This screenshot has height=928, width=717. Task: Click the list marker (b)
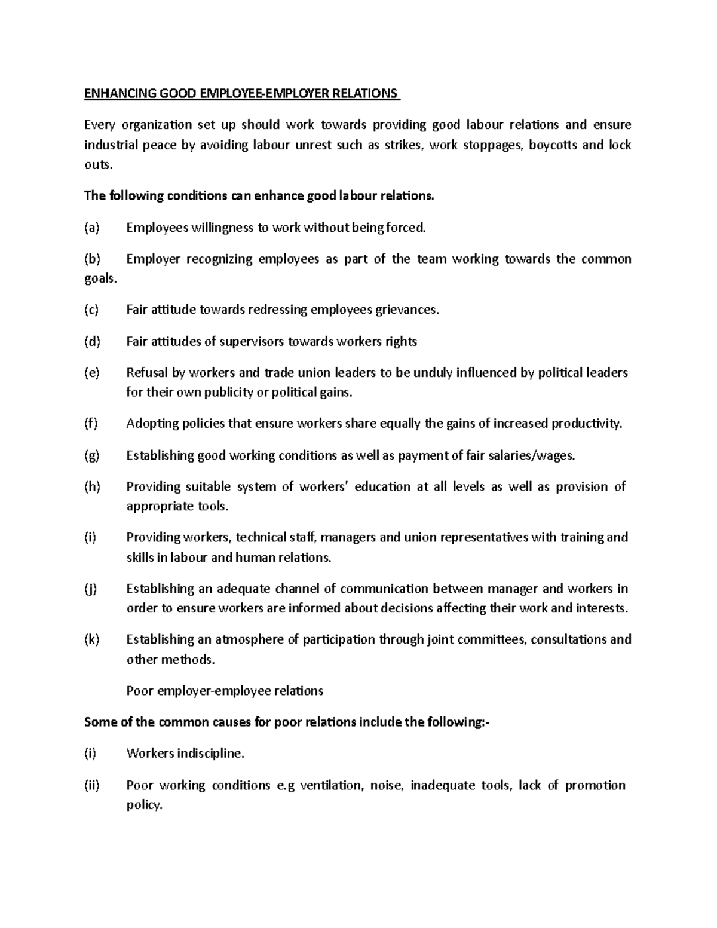(x=93, y=259)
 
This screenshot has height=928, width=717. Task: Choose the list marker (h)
(x=93, y=486)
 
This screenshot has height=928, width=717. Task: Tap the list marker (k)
(x=92, y=639)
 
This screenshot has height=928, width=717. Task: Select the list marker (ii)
(x=92, y=785)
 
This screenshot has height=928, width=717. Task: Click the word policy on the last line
(x=144, y=805)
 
